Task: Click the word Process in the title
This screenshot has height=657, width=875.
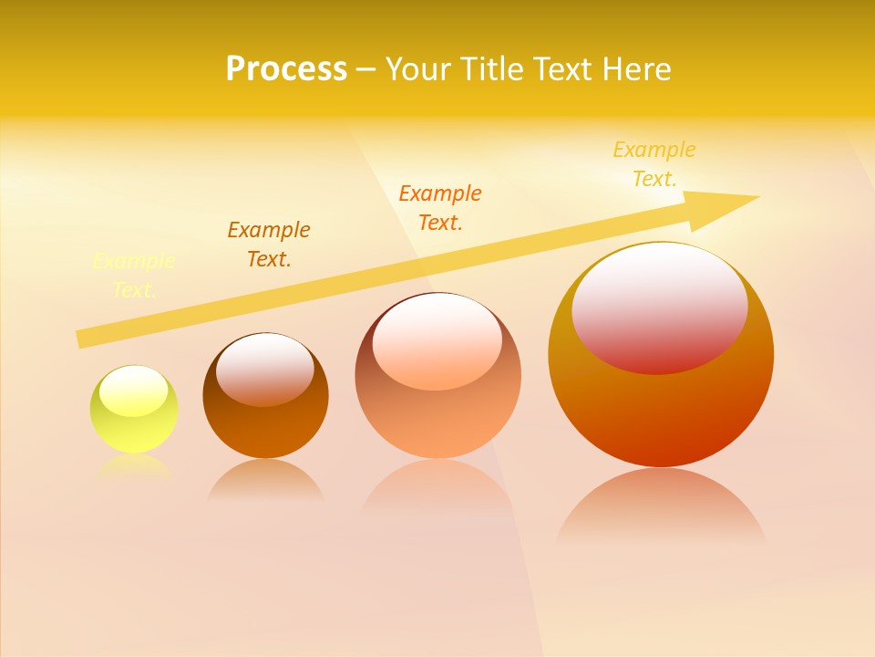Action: (x=286, y=69)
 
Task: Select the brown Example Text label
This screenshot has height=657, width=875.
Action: (x=269, y=245)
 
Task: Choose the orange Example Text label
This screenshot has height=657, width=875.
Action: (x=440, y=207)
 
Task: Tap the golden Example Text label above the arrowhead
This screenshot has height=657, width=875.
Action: (x=654, y=164)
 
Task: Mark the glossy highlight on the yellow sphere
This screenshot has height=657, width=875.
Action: (x=134, y=391)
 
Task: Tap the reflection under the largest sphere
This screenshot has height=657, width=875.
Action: (x=661, y=506)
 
